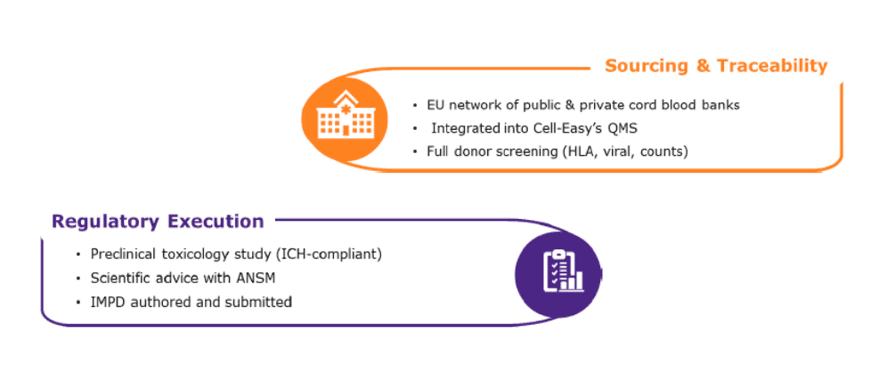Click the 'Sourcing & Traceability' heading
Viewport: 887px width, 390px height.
coord(716,66)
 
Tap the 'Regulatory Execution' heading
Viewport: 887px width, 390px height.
coord(158,221)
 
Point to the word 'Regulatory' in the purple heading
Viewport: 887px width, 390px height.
coord(104,221)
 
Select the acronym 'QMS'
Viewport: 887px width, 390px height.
coord(622,128)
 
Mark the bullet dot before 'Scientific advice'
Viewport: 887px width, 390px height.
coord(78,279)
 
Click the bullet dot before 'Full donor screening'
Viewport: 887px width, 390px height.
coord(415,152)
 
